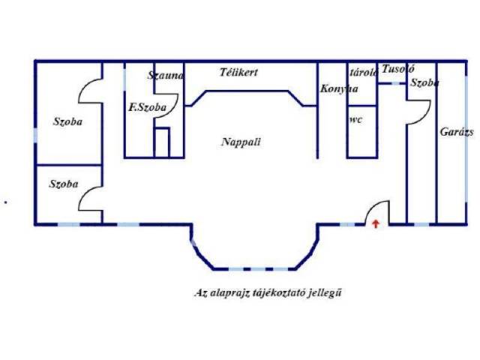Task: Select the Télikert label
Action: click(x=239, y=73)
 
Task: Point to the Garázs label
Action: click(x=457, y=131)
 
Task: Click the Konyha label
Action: click(x=338, y=88)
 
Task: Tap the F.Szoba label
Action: click(x=147, y=106)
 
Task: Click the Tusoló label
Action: click(x=397, y=69)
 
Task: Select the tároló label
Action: click(x=363, y=71)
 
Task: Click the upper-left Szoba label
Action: click(x=67, y=121)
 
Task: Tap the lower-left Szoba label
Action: click(x=64, y=184)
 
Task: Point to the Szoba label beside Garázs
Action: click(x=424, y=83)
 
